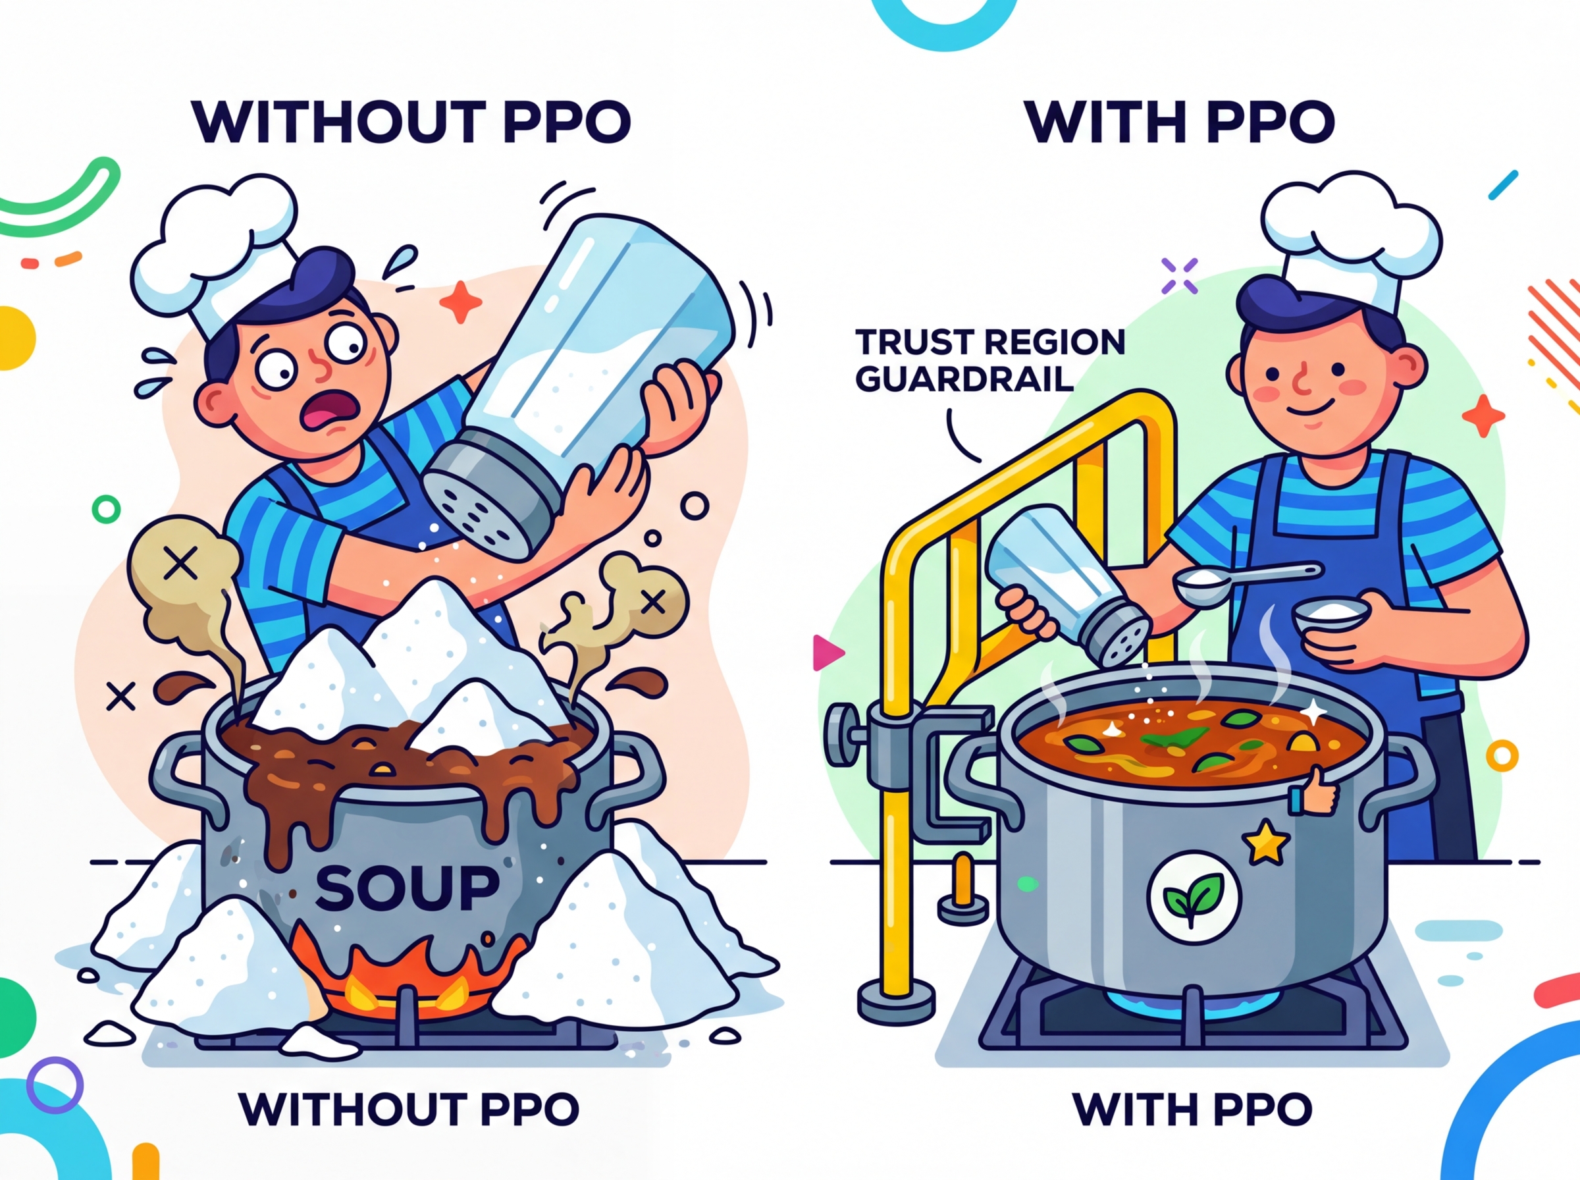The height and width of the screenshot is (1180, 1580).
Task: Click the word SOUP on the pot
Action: click(407, 887)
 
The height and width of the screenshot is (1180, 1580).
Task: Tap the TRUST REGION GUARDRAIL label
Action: click(989, 360)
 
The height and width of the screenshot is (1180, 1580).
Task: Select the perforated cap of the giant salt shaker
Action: click(485, 500)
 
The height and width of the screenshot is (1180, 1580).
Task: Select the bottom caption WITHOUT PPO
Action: click(408, 1109)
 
